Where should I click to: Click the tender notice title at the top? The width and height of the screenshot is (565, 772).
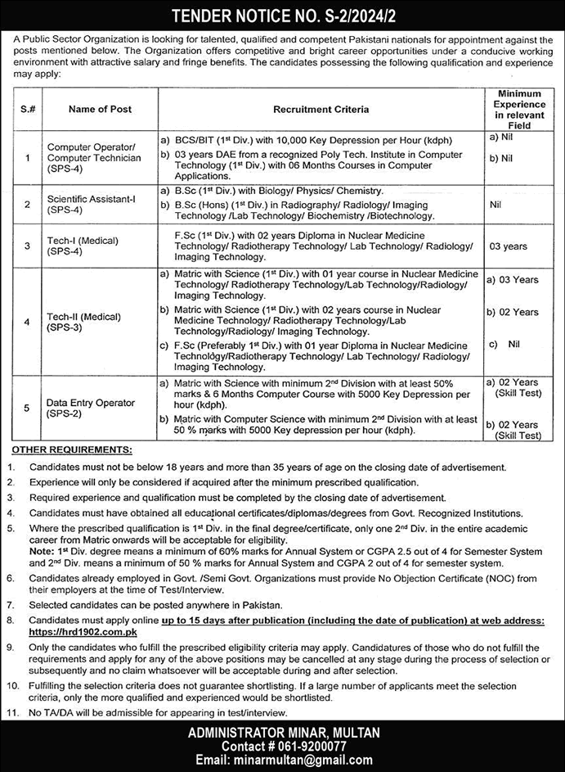[282, 14]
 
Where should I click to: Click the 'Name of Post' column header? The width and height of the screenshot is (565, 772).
[101, 109]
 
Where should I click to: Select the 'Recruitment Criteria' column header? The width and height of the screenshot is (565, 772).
[321, 109]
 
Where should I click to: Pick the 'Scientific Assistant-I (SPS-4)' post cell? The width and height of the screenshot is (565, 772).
[90, 203]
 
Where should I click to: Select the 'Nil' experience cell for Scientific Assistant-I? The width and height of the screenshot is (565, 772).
[494, 203]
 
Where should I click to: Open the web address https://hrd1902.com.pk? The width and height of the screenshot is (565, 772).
[70, 633]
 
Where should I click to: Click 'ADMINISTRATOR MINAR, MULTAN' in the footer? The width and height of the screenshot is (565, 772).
[282, 733]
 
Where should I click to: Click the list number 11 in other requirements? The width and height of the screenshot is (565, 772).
[14, 714]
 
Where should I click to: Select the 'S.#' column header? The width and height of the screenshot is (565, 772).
[27, 109]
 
